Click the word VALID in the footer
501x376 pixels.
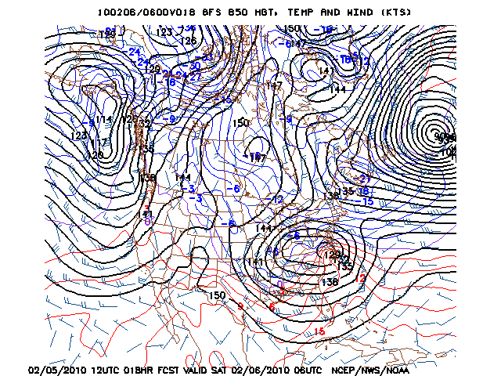[x=221, y=369]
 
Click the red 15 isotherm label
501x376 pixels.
[x=319, y=331]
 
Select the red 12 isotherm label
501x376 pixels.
[x=361, y=278]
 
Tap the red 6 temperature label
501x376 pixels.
[x=272, y=308]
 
